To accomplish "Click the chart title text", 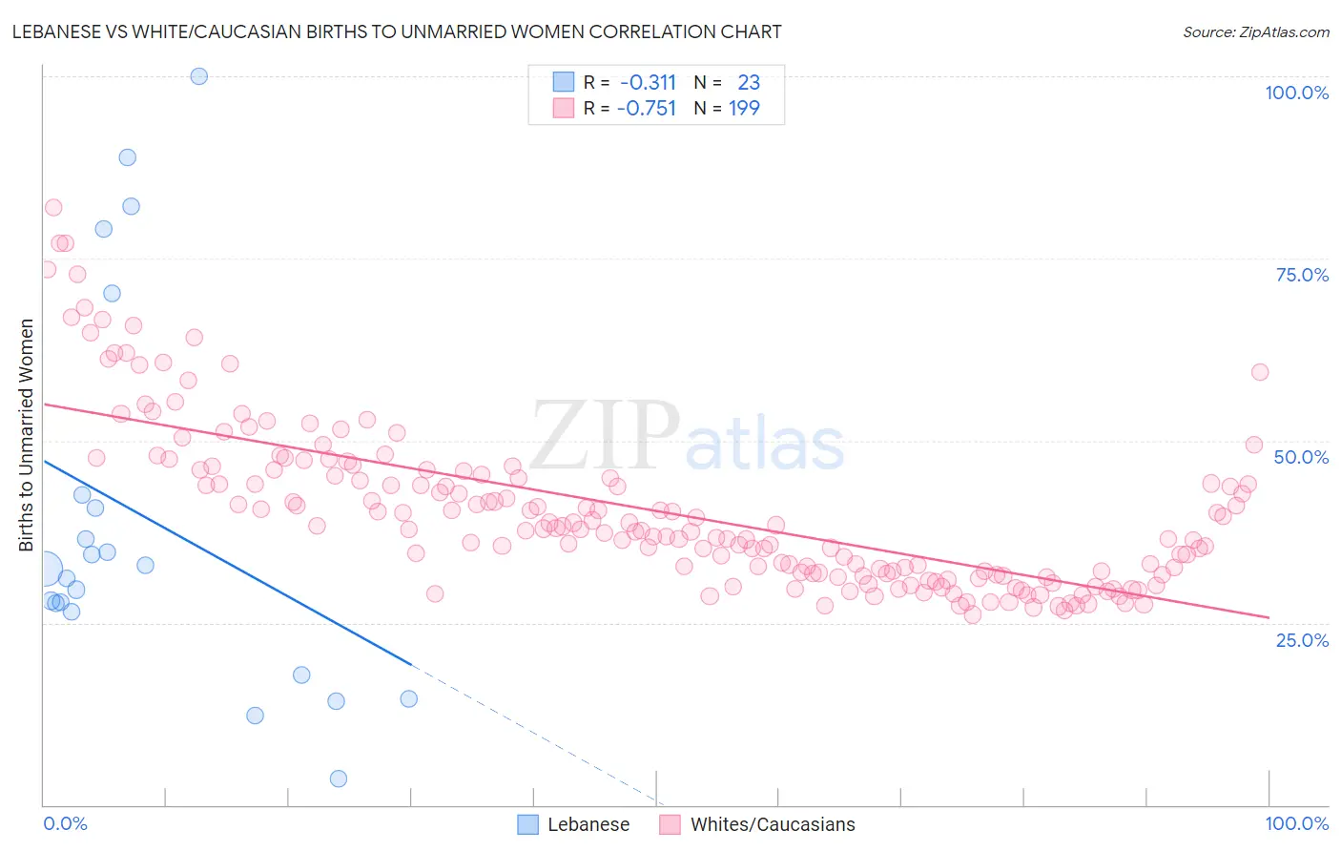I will (x=397, y=31).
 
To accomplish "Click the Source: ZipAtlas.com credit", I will (x=1255, y=31).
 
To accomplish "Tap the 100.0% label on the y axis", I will (x=1296, y=93).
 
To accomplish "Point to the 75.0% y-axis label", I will (x=1302, y=275).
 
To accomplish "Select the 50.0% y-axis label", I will (x=1301, y=457).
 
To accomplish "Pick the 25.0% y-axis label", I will (x=1302, y=639).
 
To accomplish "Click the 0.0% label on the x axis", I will (x=65, y=823).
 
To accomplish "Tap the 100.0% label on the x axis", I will (x=1296, y=823).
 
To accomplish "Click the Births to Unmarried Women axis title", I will (x=27, y=435).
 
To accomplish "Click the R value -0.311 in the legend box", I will (x=647, y=83).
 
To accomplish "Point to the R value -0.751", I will (x=647, y=109).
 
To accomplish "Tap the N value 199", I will (x=744, y=109).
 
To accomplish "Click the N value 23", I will (x=749, y=83).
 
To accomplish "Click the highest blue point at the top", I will (x=199, y=76).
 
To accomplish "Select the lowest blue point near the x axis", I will (x=338, y=778).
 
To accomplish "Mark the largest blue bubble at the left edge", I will (x=44, y=571).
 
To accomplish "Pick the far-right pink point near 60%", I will (x=1260, y=372).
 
